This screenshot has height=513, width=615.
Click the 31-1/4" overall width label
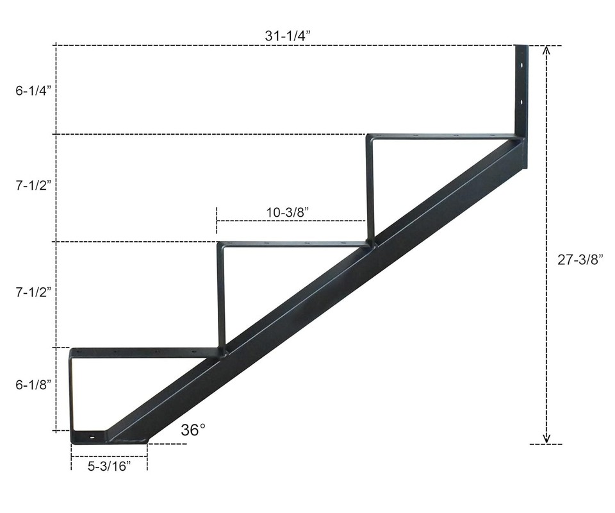[288, 36]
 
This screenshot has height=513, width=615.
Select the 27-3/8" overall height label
[580, 259]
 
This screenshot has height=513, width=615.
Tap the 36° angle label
[193, 430]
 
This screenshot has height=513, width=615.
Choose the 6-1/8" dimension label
[33, 384]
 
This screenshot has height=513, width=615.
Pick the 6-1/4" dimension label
[33, 90]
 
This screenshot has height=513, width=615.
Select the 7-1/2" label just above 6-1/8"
[33, 292]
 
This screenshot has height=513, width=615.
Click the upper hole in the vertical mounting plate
[522, 66]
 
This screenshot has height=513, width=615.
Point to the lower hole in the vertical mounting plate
[522, 102]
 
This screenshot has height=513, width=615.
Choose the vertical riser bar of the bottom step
[72, 391]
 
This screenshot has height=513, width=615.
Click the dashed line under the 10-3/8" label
[291, 221]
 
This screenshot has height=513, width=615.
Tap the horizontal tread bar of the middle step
[295, 244]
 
